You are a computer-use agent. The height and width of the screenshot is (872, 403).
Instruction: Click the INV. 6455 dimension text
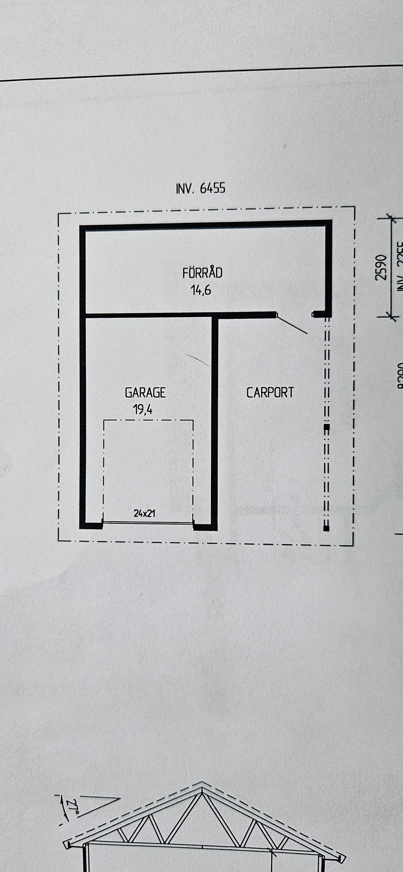coord(200,188)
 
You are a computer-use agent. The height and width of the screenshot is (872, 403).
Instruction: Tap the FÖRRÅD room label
coord(202,273)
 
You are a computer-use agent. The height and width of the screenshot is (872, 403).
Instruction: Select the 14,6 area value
coord(201,290)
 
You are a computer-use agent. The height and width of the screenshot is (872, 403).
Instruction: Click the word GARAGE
coord(145,393)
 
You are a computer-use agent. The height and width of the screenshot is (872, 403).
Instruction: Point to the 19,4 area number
coord(143,410)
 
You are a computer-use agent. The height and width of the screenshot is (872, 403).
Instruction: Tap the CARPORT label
coord(270,393)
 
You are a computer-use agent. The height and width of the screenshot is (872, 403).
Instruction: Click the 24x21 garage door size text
coord(145,513)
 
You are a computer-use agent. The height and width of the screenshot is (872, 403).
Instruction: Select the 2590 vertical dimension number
coord(381,267)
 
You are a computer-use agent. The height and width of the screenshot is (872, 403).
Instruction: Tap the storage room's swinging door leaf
coord(292,325)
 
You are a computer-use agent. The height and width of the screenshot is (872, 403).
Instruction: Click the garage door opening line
coord(148,523)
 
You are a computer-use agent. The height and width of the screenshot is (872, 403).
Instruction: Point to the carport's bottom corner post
coord(326,528)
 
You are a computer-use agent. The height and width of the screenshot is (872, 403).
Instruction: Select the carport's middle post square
coord(326,427)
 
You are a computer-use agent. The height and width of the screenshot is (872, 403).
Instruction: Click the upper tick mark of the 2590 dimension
coord(390,218)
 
